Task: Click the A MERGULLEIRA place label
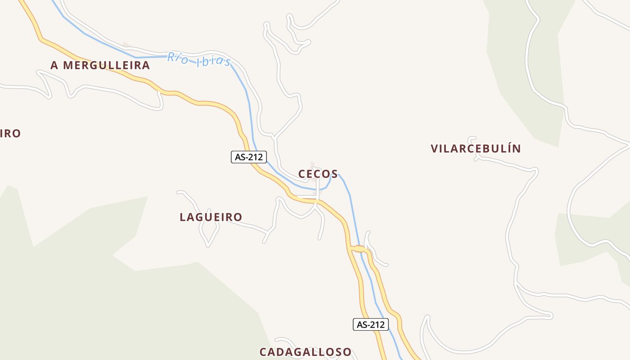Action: [x=100, y=65]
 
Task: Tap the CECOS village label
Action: [x=318, y=174]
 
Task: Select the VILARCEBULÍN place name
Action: [x=476, y=148]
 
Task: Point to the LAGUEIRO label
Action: [x=211, y=217]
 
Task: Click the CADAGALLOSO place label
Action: [x=305, y=352]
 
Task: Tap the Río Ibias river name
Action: [x=198, y=59]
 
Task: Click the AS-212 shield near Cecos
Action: [x=249, y=157]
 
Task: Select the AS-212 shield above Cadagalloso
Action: [x=370, y=324]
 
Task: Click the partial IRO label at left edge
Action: [x=10, y=134]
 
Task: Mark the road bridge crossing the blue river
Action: [x=359, y=249]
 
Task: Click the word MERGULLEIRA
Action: [x=106, y=65]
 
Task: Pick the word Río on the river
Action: [x=178, y=58]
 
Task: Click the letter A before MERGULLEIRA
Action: [x=54, y=65]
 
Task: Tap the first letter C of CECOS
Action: [x=301, y=174]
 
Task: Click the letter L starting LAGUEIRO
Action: [x=183, y=217]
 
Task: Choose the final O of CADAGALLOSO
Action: [x=346, y=352]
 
